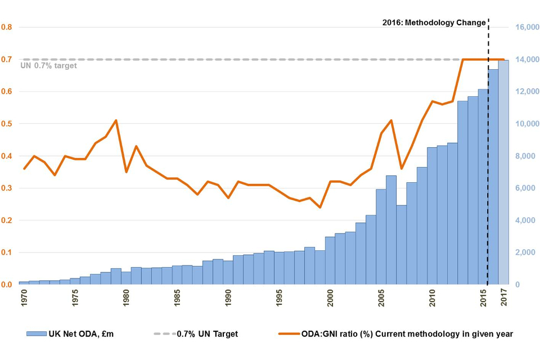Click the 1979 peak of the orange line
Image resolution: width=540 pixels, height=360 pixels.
116,120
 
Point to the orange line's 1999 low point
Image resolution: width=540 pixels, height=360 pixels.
320,208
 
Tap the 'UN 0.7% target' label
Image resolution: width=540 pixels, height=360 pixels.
48,66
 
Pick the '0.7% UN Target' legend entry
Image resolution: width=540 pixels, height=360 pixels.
196,334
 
